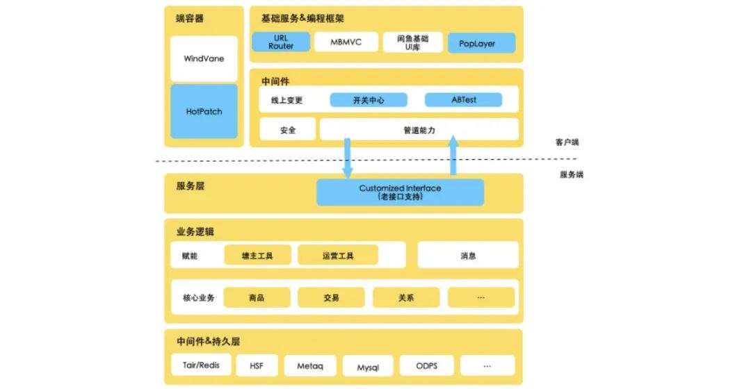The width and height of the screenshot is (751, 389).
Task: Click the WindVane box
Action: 204,58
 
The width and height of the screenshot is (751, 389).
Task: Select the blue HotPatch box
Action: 204,111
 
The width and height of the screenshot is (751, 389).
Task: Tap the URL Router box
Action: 281,42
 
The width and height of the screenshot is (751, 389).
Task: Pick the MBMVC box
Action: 346,42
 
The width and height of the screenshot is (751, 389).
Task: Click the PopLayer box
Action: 481,43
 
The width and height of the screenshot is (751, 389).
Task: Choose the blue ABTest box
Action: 463,100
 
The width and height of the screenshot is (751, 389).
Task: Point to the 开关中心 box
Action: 369,100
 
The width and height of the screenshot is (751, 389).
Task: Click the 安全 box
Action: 287,130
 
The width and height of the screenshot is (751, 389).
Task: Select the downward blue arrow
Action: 347,158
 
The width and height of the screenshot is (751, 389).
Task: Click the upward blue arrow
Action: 453,155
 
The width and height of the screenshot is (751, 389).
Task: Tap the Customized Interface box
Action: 400,192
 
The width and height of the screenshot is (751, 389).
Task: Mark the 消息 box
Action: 468,256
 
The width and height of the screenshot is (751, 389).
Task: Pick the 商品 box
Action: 257,297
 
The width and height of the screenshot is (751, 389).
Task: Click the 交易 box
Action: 331,297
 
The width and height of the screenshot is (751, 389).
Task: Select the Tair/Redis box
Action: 201,365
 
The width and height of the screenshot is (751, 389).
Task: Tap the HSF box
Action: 257,366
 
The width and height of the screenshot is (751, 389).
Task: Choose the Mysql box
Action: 368,367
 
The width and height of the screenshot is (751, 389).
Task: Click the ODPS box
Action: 426,366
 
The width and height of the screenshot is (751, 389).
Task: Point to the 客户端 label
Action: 567,142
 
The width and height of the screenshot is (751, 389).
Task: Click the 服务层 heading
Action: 190,186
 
